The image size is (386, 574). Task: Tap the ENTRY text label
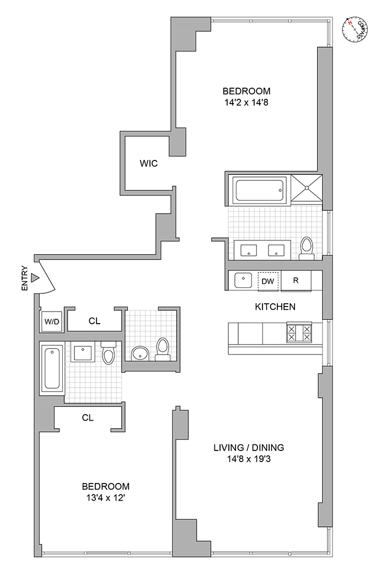coord(24,279)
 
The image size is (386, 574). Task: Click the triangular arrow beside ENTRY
coord(35,278)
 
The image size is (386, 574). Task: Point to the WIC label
coord(148,163)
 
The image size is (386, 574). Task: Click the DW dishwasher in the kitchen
coord(267,281)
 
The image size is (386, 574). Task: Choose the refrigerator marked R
coord(296,280)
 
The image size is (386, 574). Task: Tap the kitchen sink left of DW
coord(243,280)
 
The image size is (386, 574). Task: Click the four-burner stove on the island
coord(298,332)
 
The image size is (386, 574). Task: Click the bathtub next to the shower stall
coord(260,190)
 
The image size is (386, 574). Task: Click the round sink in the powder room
coord(140,352)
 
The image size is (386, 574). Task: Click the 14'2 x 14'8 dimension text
coord(246,101)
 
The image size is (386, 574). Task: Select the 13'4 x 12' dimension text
coord(106,497)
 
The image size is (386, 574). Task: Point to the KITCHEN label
coord(275,307)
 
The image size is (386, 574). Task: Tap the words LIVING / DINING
coord(249,447)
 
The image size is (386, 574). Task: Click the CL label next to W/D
coord(94,320)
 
